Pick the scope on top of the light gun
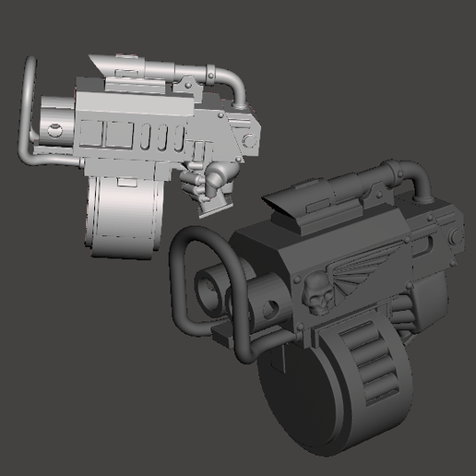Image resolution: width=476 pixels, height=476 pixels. [x=125, y=67]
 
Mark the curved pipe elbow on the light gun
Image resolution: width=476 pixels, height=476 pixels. [x=233, y=84]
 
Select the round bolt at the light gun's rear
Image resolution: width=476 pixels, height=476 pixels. [x=247, y=138]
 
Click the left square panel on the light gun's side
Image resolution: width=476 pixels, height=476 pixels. [x=117, y=136]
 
